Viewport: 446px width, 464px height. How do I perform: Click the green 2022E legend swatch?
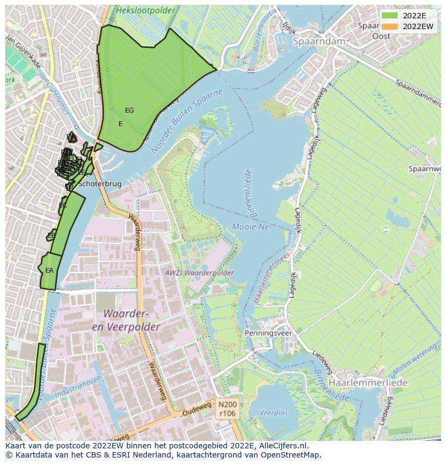[389, 15]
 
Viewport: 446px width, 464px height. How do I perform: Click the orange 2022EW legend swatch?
[389, 26]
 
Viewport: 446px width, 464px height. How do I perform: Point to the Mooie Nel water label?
[252, 226]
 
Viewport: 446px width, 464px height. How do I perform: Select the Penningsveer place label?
[268, 333]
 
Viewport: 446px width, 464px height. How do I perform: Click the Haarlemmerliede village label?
[368, 382]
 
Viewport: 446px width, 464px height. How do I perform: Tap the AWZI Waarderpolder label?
[199, 273]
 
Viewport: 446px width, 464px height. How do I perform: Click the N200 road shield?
[228, 403]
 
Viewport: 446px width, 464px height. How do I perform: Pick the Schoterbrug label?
[100, 184]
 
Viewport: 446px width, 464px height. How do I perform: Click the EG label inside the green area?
[129, 110]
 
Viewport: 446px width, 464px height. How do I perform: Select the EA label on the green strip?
[49, 271]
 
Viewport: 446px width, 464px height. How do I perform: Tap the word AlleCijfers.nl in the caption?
[288, 446]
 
